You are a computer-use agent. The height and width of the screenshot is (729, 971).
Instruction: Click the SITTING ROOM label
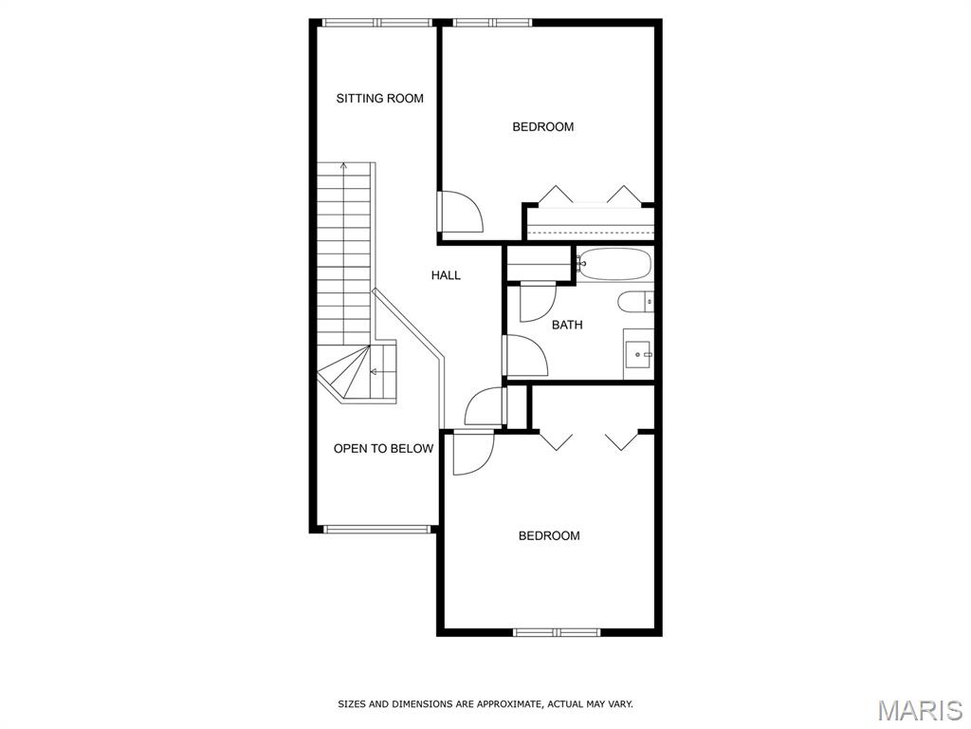(x=379, y=98)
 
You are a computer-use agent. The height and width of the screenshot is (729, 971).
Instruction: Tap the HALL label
(x=446, y=275)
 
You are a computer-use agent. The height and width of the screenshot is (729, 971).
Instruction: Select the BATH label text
(x=567, y=325)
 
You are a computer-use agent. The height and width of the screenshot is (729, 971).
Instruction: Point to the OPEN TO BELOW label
(x=383, y=449)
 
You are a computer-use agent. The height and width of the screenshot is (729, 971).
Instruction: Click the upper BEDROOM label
(x=543, y=126)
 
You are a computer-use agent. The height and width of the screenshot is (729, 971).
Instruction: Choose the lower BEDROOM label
(x=549, y=535)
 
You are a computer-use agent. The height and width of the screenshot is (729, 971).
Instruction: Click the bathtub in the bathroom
(x=614, y=264)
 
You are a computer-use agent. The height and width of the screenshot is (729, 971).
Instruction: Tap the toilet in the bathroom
(x=635, y=303)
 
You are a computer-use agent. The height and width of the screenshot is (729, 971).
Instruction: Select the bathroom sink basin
(x=638, y=354)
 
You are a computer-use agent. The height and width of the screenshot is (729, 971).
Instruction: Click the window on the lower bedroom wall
(x=557, y=632)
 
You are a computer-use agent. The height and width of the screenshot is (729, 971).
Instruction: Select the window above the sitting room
(x=377, y=23)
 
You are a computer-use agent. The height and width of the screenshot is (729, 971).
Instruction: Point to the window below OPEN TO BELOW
(x=377, y=530)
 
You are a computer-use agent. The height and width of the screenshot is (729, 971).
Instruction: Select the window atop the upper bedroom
(x=492, y=23)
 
